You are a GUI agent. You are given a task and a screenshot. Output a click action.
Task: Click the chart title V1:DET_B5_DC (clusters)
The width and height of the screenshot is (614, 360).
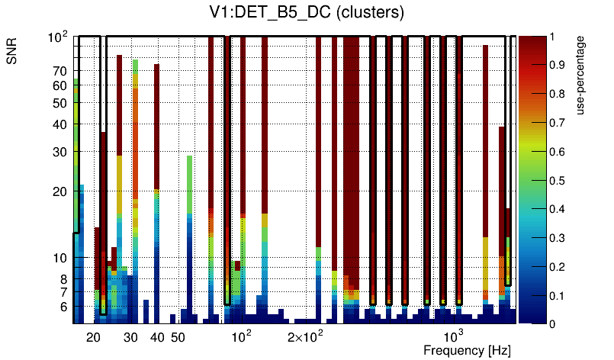click(306, 13)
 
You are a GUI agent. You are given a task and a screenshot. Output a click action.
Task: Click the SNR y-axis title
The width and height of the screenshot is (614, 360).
click(13, 53)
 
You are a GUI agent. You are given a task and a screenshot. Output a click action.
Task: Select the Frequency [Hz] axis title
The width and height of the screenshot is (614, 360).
click(467, 350)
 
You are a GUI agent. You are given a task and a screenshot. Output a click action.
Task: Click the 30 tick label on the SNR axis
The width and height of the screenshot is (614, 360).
click(59, 152)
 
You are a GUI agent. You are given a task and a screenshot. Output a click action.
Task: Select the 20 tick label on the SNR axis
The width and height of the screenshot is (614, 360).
click(59, 191)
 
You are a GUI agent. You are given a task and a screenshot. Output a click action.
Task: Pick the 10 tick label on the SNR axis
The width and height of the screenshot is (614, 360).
click(59, 259)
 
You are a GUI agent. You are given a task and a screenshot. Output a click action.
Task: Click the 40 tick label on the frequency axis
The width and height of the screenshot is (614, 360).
click(157, 337)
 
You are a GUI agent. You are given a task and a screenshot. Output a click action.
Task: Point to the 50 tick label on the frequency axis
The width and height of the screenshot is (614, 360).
click(178, 337)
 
